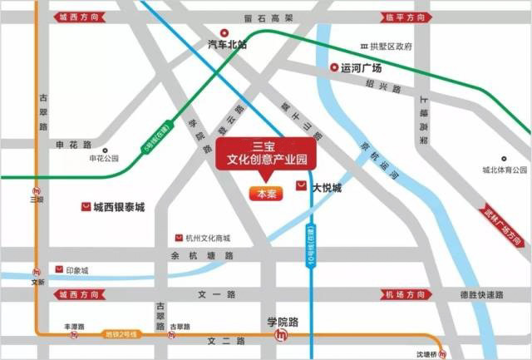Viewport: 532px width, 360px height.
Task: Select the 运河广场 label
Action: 361,68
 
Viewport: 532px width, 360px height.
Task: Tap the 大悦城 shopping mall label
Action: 327,188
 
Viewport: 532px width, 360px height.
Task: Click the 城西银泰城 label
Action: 119,206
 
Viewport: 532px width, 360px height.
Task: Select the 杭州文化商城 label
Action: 207,238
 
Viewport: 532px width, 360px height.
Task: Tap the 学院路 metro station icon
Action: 282,335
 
